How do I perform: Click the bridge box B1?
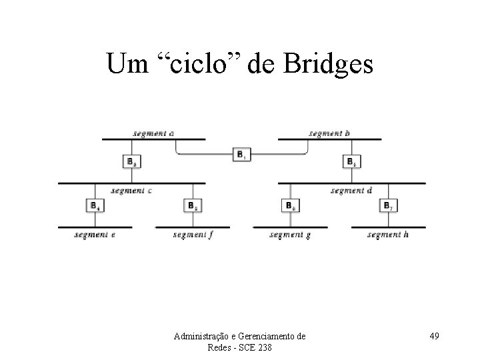pyautogui.click(x=241, y=155)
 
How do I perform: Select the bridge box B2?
pyautogui.click(x=133, y=161)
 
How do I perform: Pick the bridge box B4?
pyautogui.click(x=95, y=205)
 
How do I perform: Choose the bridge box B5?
pyautogui.click(x=192, y=205)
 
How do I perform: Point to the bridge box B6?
pyautogui.click(x=290, y=205)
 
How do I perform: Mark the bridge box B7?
pyautogui.click(x=387, y=205)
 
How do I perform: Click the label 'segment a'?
pyautogui.click(x=153, y=133)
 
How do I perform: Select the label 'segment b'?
pyautogui.click(x=329, y=133)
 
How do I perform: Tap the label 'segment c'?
pyautogui.click(x=131, y=191)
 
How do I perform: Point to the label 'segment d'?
pyautogui.click(x=351, y=191)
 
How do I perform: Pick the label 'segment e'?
pyautogui.click(x=95, y=235)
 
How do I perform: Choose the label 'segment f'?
pyautogui.click(x=193, y=235)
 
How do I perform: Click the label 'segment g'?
pyautogui.click(x=290, y=235)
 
